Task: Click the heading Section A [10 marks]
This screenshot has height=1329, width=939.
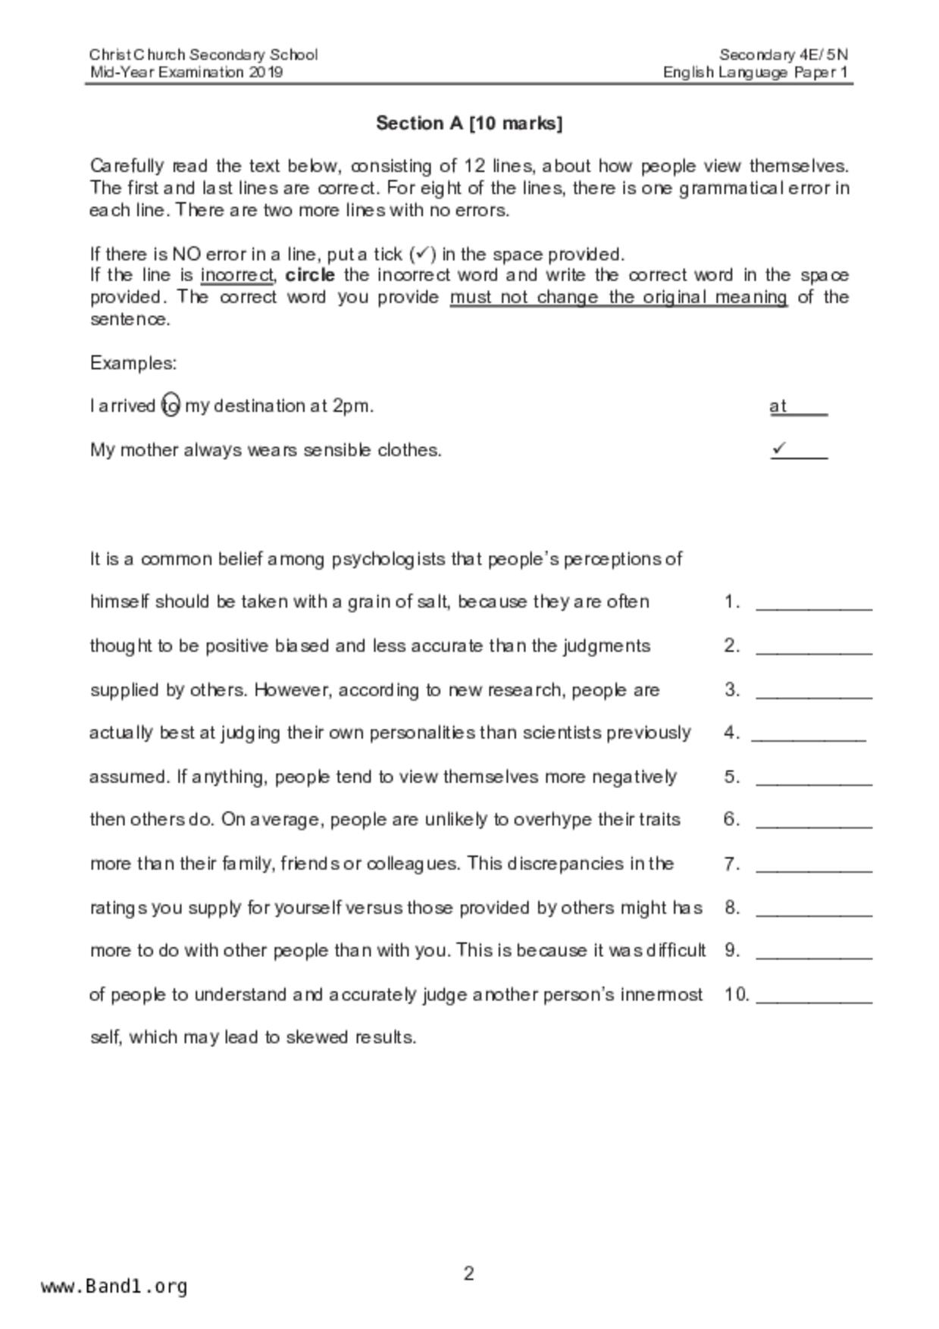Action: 469,124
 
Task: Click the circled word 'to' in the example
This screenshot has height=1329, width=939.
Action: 171,406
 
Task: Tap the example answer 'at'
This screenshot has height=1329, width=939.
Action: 778,406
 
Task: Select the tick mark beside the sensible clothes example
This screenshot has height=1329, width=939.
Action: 779,449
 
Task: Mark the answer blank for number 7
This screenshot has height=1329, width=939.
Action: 814,865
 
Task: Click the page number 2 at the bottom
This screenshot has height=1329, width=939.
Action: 469,1274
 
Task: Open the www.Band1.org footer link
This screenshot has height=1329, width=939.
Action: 114,1287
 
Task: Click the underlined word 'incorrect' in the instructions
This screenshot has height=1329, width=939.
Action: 236,275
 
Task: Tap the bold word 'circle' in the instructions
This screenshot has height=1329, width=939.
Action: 310,275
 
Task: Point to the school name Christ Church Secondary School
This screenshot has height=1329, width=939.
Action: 203,55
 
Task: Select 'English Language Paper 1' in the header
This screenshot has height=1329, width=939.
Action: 755,73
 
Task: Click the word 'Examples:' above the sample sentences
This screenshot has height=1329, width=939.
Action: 133,363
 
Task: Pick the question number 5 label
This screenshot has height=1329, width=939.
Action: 731,777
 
